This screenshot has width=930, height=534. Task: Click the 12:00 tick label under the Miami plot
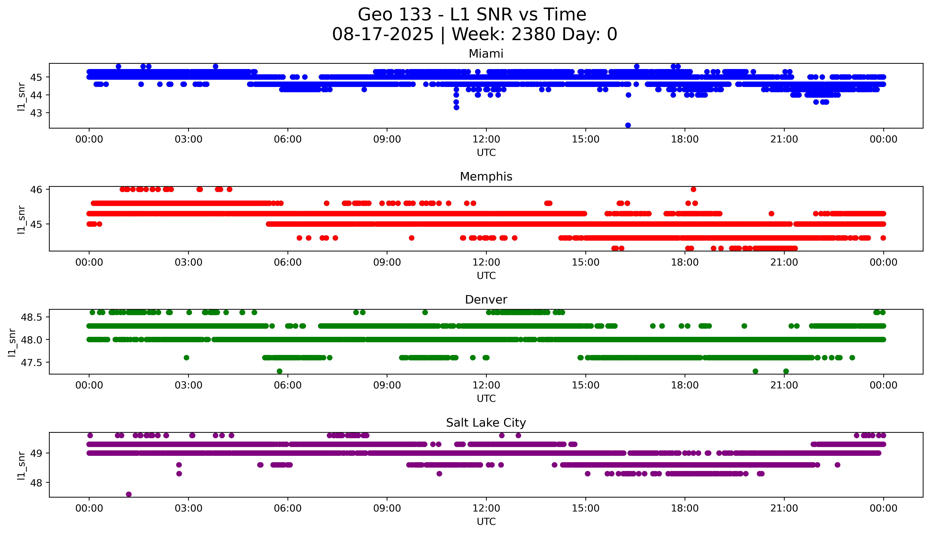[486, 139]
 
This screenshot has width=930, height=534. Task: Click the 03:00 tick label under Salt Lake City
[188, 508]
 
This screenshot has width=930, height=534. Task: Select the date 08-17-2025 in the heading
[383, 35]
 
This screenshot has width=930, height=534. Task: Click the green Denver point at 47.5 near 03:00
[186, 358]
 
